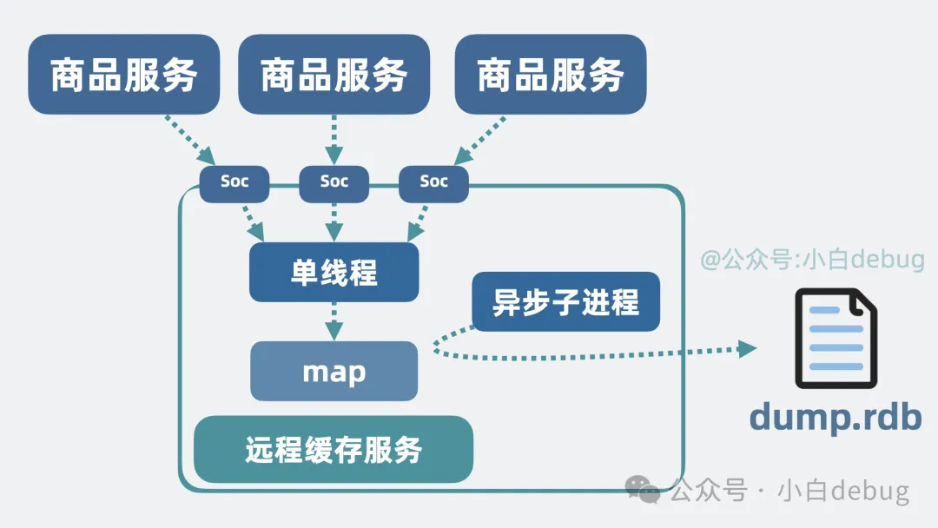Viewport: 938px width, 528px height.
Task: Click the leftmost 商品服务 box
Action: pyautogui.click(x=124, y=75)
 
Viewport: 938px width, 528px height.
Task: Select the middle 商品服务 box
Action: pyautogui.click(x=334, y=75)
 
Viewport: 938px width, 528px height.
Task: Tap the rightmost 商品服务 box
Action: pyautogui.click(x=551, y=75)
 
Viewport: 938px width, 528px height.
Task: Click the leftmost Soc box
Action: pyautogui.click(x=234, y=181)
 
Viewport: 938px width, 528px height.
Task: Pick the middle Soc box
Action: pyautogui.click(x=334, y=181)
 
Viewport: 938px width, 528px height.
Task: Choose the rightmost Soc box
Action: pyautogui.click(x=433, y=181)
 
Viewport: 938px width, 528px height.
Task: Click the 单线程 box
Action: pyautogui.click(x=334, y=273)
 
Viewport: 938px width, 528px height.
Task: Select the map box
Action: pyautogui.click(x=334, y=372)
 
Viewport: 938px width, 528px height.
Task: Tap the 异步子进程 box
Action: pyautogui.click(x=565, y=302)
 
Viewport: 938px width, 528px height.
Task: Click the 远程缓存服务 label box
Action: pyautogui.click(x=334, y=450)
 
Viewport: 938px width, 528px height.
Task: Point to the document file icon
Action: pyautogui.click(x=836, y=339)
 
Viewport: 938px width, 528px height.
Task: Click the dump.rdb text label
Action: pyautogui.click(x=835, y=418)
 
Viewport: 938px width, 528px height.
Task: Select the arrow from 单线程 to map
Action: pyautogui.click(x=334, y=321)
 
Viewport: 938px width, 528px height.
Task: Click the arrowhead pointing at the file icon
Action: pyautogui.click(x=747, y=349)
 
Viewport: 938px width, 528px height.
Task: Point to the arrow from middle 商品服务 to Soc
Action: pyautogui.click(x=334, y=139)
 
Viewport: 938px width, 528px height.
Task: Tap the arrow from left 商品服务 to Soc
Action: pyautogui.click(x=189, y=139)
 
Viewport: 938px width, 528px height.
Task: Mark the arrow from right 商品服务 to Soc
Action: pyautogui.click(x=480, y=139)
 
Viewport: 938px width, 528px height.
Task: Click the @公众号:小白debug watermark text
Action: pyautogui.click(x=813, y=259)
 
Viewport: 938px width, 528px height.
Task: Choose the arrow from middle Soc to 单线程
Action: pyautogui.click(x=334, y=221)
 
